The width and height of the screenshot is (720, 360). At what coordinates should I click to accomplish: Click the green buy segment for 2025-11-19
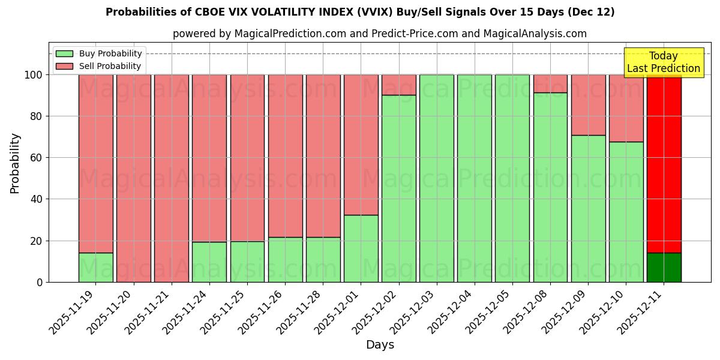[x=95, y=268]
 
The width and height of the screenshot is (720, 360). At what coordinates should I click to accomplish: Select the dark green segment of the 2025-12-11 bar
[x=664, y=268]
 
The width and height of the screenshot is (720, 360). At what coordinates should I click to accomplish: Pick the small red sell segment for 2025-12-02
[x=399, y=85]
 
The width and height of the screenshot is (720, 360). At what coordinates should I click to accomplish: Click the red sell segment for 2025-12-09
[x=588, y=105]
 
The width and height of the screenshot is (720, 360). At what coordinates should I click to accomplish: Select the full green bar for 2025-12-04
[x=475, y=178]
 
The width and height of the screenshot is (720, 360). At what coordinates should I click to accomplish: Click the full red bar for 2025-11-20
[x=134, y=178]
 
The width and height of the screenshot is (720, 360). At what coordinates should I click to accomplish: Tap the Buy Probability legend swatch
[x=64, y=54]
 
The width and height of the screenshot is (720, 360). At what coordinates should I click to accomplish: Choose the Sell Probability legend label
[x=110, y=66]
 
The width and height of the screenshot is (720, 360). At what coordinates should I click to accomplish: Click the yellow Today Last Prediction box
[x=663, y=62]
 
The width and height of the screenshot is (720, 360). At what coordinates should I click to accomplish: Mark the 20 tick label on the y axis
[x=37, y=241]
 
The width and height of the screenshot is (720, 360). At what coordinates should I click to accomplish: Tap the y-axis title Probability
[x=15, y=163]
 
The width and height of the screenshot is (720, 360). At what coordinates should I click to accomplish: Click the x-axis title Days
[x=380, y=345]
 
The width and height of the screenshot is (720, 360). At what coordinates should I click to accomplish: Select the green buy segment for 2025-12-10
[x=626, y=212]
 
